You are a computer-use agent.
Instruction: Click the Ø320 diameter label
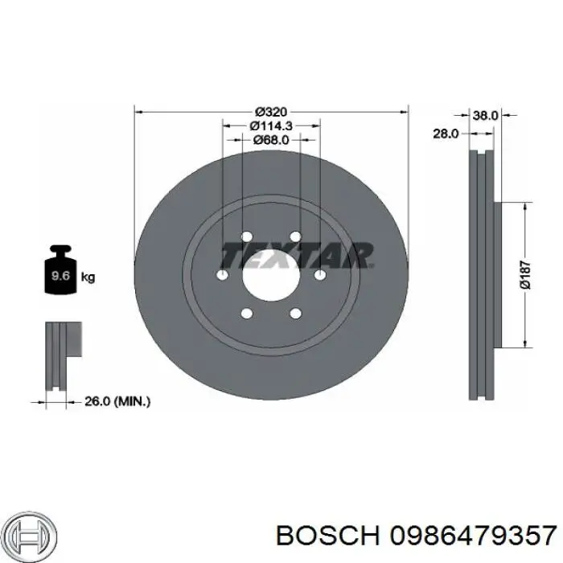tap(271, 112)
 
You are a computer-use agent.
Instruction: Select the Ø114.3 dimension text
tap(271, 125)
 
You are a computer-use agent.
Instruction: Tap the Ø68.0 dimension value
tap(271, 140)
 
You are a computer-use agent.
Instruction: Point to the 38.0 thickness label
tap(486, 115)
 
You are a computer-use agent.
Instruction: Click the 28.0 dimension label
tap(446, 134)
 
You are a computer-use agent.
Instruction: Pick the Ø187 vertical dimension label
tap(525, 275)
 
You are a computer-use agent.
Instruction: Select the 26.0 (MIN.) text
tap(117, 401)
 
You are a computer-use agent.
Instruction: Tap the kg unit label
tap(88, 277)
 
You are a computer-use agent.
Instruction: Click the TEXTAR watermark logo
tap(297, 255)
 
